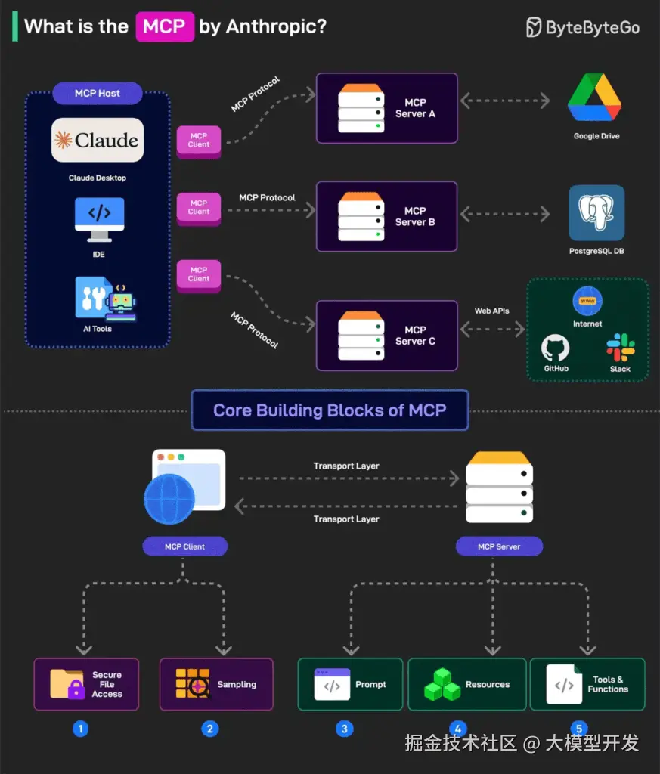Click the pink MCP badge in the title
[x=164, y=26]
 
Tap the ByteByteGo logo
[x=583, y=28]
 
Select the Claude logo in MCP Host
[x=98, y=140]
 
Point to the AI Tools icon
[x=104, y=298]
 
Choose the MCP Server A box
[x=386, y=108]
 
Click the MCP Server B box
[x=386, y=216]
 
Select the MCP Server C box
[x=386, y=335]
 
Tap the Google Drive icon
[x=595, y=98]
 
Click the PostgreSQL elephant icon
[x=596, y=212]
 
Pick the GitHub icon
[x=556, y=348]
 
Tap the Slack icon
[x=620, y=347]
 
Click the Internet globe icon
[x=587, y=301]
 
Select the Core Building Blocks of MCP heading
[x=330, y=410]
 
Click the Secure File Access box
[x=86, y=684]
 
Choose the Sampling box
[x=216, y=684]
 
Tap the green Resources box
[x=466, y=684]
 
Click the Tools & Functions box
[x=587, y=684]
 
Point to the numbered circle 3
[x=345, y=729]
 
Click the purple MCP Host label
[x=98, y=94]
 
